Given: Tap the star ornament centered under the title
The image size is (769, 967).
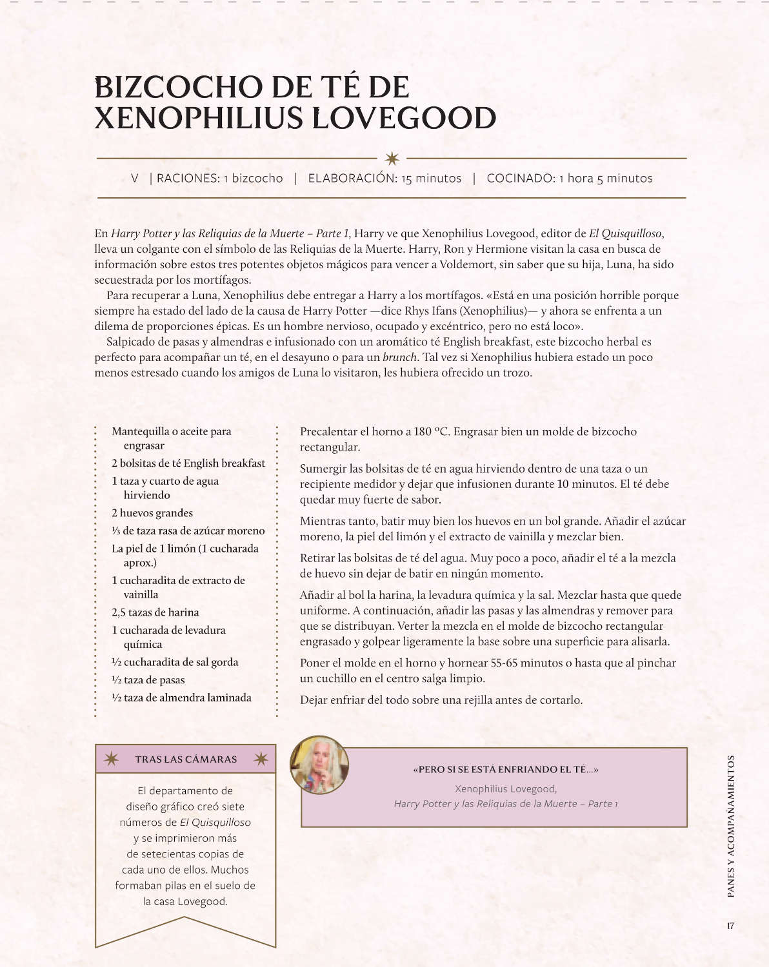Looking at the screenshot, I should (x=392, y=158).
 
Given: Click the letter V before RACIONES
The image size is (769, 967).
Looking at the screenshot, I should (x=134, y=179).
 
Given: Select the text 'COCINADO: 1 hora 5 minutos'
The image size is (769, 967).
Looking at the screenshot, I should (x=569, y=179).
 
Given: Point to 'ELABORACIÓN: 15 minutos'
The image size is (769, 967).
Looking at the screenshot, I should (x=384, y=179).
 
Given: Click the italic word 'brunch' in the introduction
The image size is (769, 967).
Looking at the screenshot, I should (x=399, y=357).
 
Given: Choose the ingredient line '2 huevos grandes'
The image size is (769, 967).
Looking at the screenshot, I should (x=152, y=513).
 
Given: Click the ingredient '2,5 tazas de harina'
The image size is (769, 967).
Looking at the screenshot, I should (x=155, y=612).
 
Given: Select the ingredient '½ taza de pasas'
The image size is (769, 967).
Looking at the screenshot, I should (x=148, y=680).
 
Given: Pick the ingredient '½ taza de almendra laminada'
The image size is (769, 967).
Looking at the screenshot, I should (x=181, y=698).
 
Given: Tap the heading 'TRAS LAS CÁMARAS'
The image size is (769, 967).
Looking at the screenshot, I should (x=186, y=759).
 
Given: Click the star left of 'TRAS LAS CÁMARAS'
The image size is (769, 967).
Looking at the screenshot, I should (x=111, y=759).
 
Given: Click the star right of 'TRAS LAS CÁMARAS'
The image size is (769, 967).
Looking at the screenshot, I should (x=261, y=759).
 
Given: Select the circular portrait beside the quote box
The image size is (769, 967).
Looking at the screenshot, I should (x=319, y=765).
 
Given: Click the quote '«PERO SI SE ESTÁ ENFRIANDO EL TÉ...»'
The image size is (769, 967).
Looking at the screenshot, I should (x=505, y=770).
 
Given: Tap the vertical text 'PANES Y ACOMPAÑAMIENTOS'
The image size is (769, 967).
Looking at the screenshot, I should (x=730, y=826).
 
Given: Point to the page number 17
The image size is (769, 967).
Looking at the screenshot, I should (x=730, y=926).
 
